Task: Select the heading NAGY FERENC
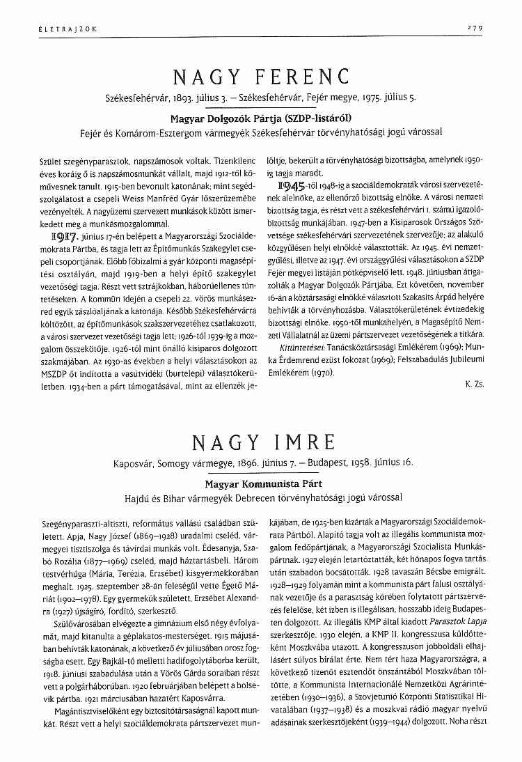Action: (260, 75)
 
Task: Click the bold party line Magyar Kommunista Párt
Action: (260, 482)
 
